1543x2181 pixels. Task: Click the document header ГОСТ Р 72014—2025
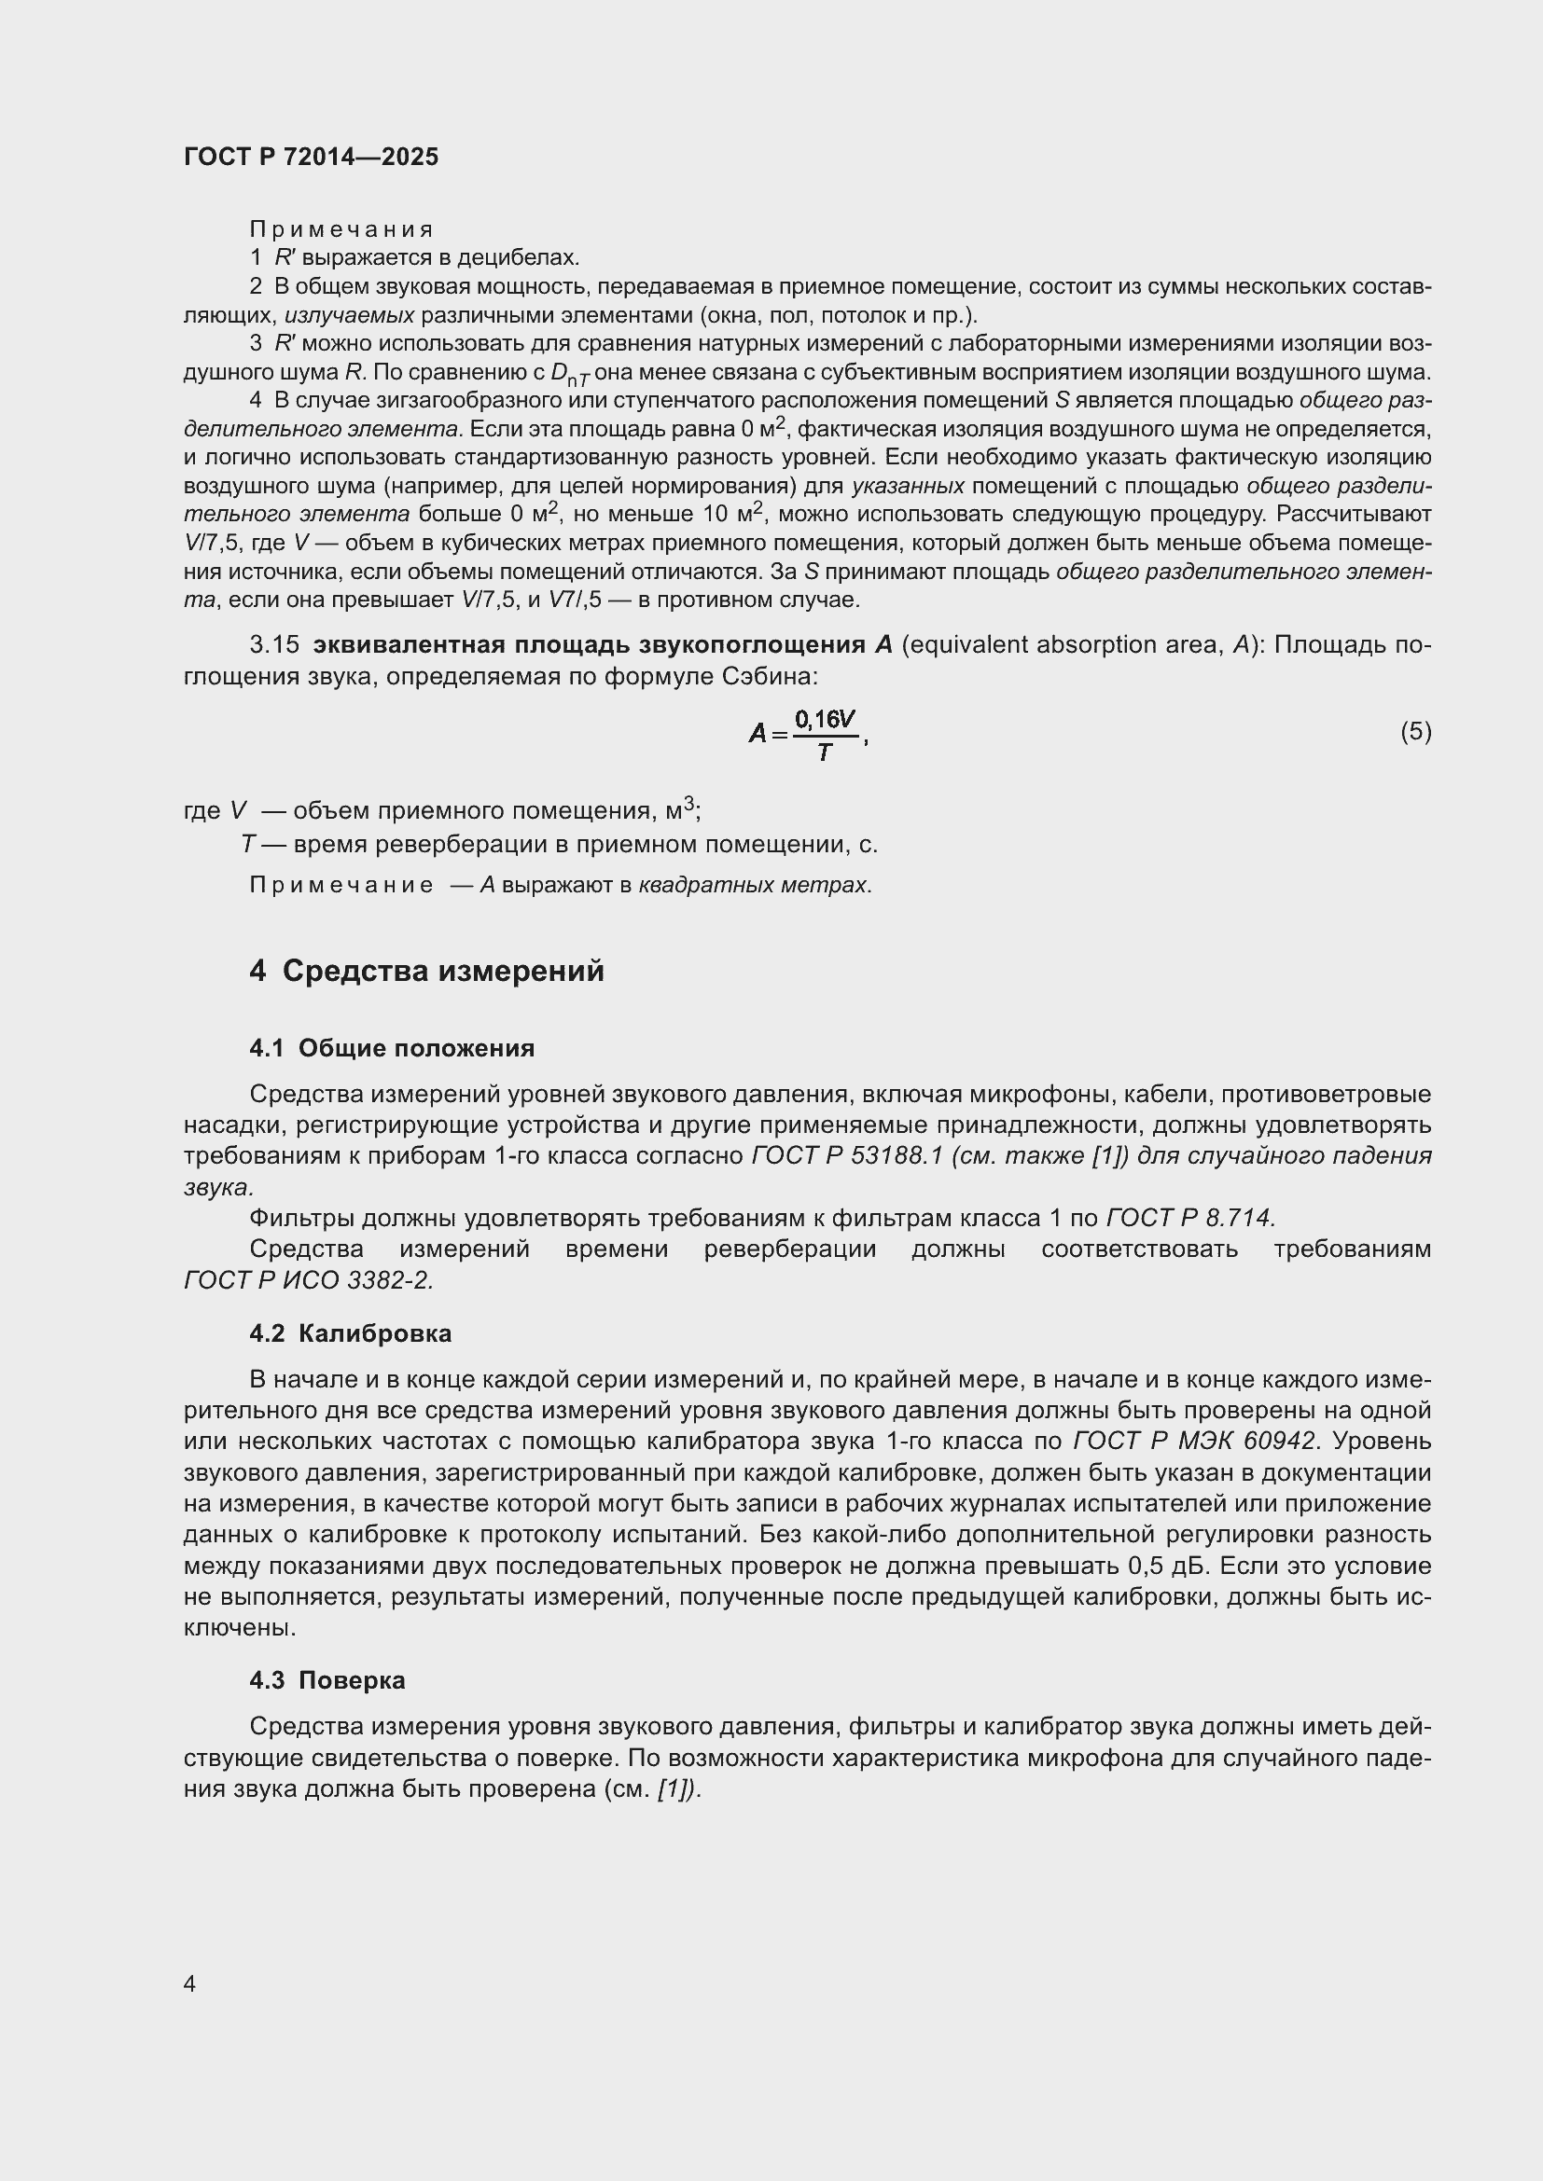pyautogui.click(x=311, y=157)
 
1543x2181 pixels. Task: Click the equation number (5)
pyautogui.click(x=1415, y=731)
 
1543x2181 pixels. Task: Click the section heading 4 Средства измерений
pyautogui.click(x=426, y=971)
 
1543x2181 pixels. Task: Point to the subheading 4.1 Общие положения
pyautogui.click(x=392, y=1048)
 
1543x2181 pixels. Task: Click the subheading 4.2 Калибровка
pyautogui.click(x=351, y=1333)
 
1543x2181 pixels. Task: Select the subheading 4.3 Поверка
pyautogui.click(x=327, y=1680)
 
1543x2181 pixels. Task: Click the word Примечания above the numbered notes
pyautogui.click(x=341, y=229)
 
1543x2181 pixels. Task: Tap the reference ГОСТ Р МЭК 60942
pyautogui.click(x=1194, y=1441)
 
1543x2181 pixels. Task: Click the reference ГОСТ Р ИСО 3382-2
pyautogui.click(x=308, y=1280)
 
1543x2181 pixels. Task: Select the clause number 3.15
pyautogui.click(x=273, y=645)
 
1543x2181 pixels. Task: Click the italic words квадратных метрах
pyautogui.click(x=753, y=885)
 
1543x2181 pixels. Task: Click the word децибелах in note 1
pyautogui.click(x=518, y=257)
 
